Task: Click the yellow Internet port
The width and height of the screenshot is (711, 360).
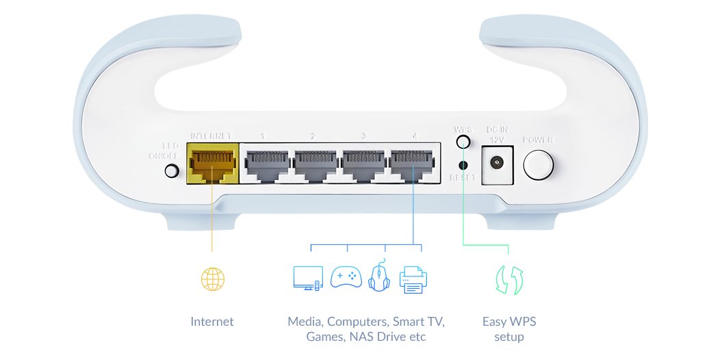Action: pos(211,164)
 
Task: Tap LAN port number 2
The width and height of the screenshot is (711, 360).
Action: pos(314,165)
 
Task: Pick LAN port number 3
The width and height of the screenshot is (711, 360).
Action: pos(363,165)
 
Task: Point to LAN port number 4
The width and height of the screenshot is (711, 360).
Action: pos(413,165)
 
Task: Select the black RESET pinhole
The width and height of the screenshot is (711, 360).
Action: pos(463,165)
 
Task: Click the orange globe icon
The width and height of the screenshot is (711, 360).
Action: pos(212,279)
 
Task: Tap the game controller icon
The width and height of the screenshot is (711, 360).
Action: pos(346,277)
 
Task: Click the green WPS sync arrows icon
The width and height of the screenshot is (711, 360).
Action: pos(509,280)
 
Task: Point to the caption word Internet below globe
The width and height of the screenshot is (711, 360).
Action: pos(212,322)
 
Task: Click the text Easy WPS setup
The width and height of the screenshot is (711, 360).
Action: pos(509,329)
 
